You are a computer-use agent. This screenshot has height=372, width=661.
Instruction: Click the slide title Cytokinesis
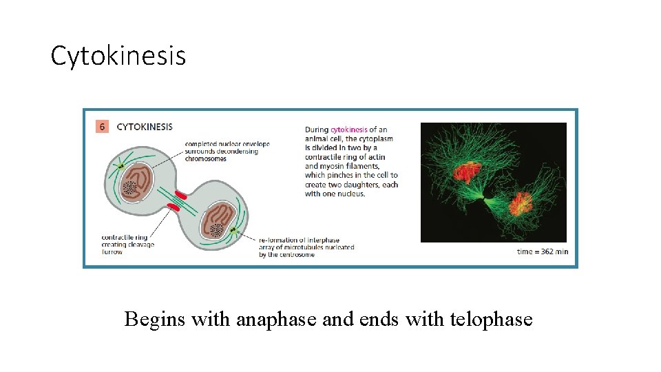point(118,56)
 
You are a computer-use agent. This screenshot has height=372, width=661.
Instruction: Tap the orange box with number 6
point(101,127)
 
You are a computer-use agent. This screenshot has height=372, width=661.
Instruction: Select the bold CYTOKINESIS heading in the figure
point(145,127)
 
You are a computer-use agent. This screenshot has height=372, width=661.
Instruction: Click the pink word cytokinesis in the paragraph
point(348,130)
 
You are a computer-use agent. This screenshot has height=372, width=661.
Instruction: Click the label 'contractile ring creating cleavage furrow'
point(127,245)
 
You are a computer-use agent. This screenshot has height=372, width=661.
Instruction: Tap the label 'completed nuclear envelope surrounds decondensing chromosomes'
point(227,151)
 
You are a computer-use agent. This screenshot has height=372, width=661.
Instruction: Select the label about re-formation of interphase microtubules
point(306,247)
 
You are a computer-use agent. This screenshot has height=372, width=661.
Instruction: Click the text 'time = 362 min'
point(543,251)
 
